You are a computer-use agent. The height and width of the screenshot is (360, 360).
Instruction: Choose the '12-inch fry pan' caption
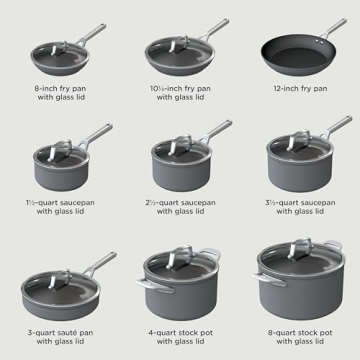click(x=299, y=89)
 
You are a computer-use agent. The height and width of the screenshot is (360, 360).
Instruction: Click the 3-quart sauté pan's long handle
click(x=97, y=265)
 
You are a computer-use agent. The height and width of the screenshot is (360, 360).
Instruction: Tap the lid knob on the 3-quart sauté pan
click(x=56, y=277)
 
